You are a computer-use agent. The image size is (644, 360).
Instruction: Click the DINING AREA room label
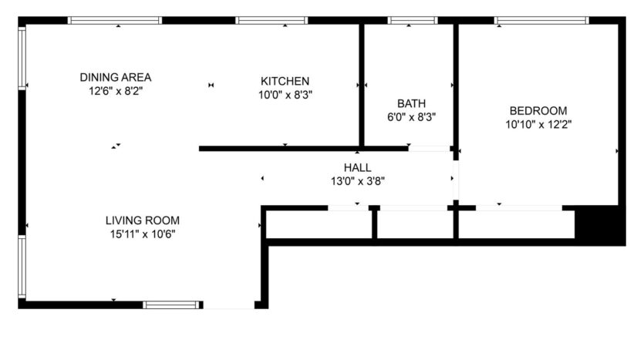115,77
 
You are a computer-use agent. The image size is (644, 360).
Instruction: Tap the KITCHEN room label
285,81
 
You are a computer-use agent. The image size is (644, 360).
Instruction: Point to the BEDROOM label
538,110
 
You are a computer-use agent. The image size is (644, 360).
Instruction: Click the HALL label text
357,167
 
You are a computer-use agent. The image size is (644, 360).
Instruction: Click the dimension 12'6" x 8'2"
115,90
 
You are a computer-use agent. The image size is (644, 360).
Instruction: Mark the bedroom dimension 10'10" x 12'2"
538,123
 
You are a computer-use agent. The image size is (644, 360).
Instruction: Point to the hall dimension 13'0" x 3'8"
357,181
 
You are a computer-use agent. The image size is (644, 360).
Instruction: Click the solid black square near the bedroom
600,225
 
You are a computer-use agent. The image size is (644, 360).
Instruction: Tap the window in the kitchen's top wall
271,21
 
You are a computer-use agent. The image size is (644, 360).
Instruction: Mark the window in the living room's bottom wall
170,304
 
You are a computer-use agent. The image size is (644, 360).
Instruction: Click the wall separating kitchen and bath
361,85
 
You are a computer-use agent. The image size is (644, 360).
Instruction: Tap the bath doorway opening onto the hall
430,148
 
